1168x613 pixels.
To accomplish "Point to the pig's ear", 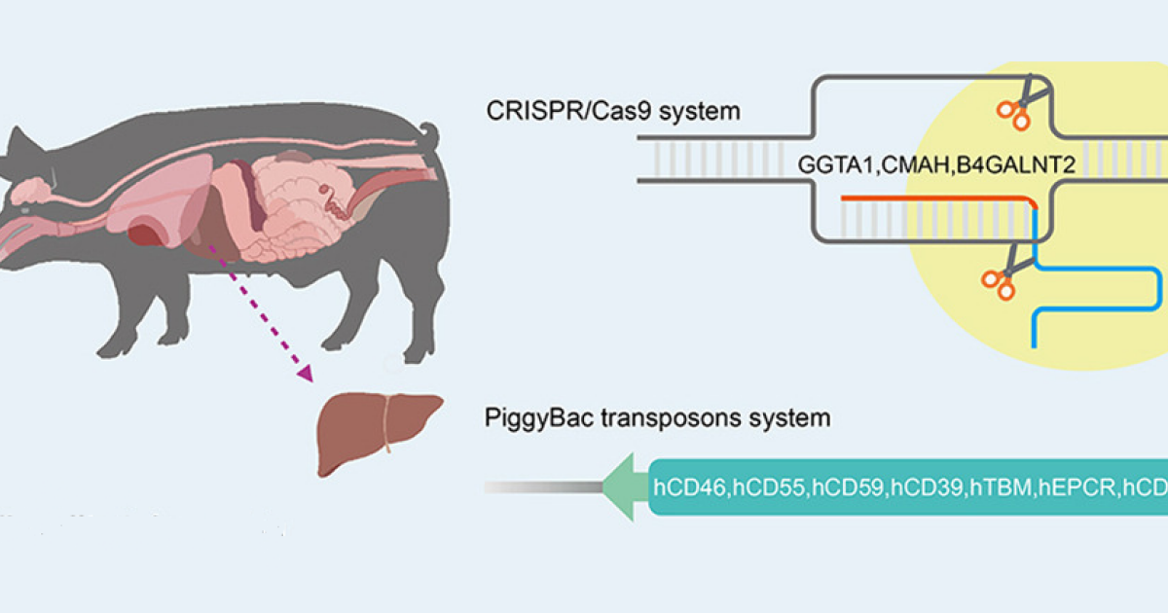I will [21, 146].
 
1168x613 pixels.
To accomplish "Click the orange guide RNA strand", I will [934, 198].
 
